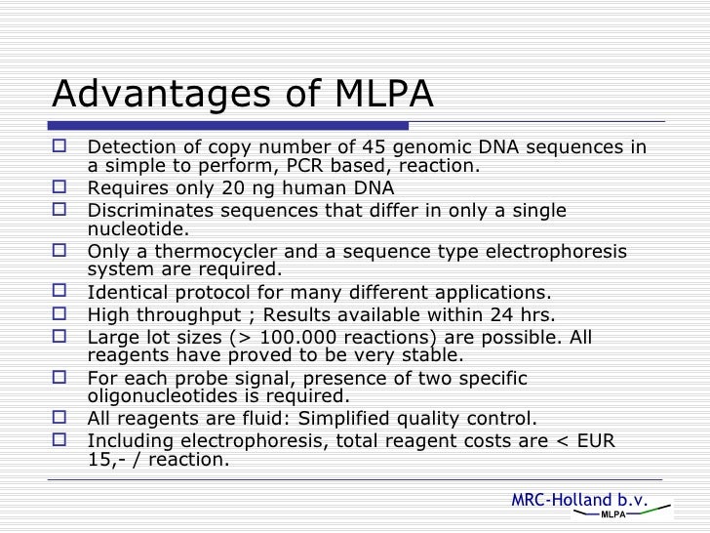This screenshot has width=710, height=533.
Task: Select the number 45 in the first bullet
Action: (369, 148)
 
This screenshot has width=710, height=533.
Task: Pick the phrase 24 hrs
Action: (523, 315)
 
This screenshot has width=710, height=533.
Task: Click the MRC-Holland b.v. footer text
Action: (579, 501)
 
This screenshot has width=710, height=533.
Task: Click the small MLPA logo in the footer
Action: (612, 515)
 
